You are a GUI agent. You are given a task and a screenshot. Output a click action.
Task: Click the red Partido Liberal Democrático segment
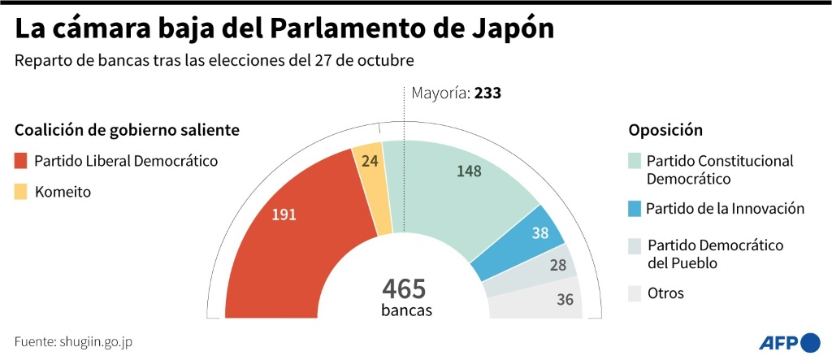[x=268, y=244]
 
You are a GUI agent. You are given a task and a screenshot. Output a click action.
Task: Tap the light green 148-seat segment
[x=455, y=195]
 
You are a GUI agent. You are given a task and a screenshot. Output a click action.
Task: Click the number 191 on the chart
[x=284, y=215]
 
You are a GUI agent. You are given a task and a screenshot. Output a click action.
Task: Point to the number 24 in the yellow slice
[x=370, y=161]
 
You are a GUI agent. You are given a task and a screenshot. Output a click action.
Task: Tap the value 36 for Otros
[x=565, y=299]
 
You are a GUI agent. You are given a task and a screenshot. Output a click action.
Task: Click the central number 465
[x=404, y=288]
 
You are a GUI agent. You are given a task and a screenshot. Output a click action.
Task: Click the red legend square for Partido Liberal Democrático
[x=20, y=161]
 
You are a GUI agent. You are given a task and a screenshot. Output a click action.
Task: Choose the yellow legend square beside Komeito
[x=20, y=193]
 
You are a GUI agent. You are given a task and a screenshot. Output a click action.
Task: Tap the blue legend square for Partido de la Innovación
[x=635, y=209]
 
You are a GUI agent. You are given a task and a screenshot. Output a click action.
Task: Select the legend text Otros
[x=665, y=293]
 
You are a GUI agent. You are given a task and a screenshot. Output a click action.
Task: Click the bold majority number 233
[x=487, y=93]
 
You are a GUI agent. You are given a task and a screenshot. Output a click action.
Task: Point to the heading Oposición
[x=665, y=130]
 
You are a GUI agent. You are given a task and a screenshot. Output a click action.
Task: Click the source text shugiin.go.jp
[x=95, y=341]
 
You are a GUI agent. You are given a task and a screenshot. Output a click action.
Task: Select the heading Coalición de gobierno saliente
[x=127, y=130]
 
